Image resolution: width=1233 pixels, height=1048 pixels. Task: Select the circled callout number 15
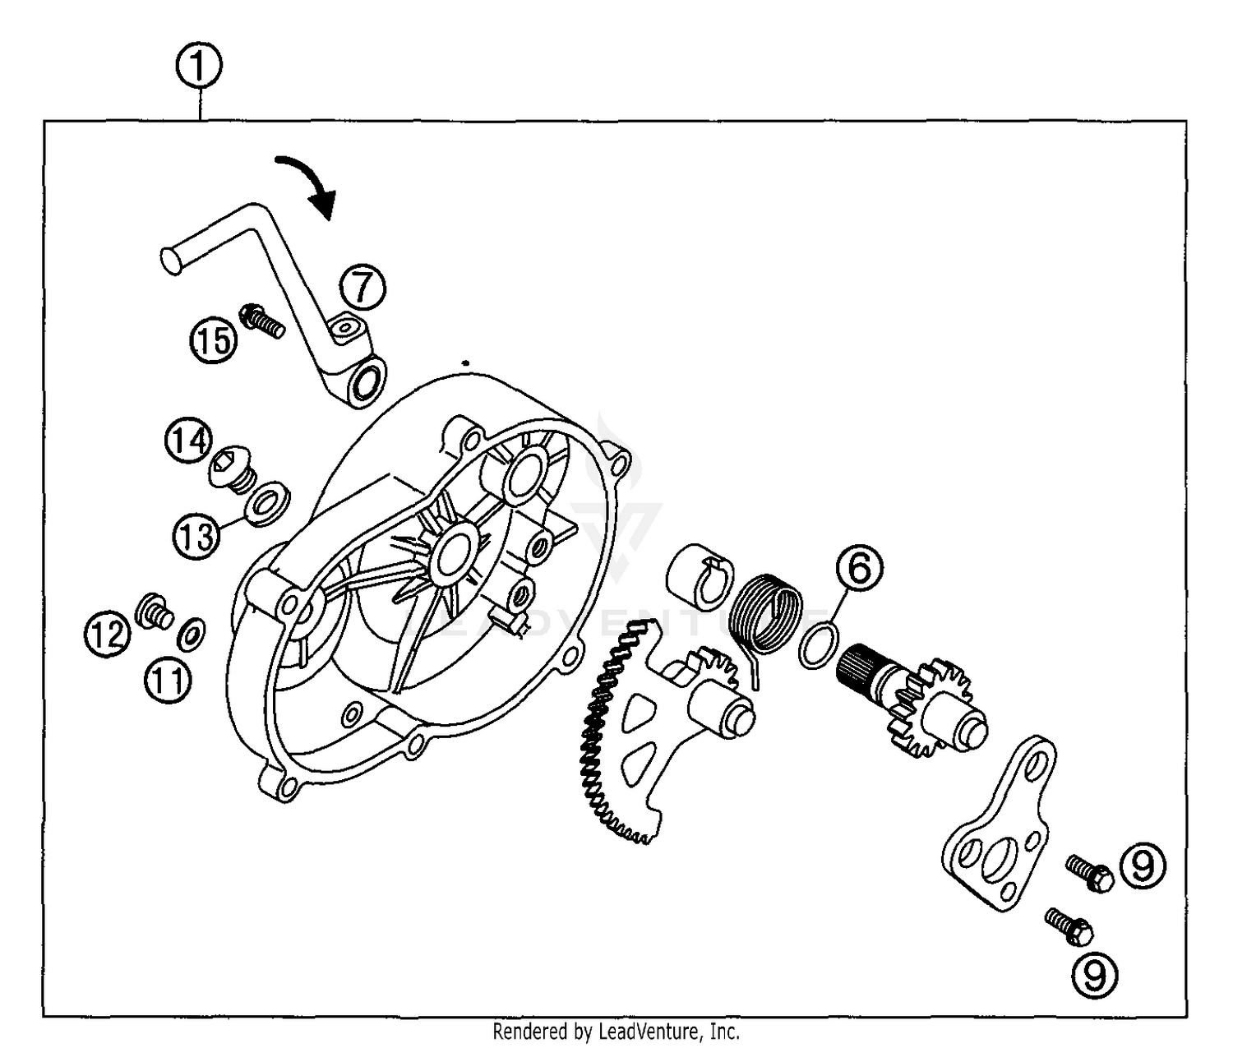[x=214, y=339]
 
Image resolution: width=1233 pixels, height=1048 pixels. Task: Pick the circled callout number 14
[x=188, y=441]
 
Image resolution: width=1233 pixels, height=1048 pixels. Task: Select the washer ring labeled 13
[x=267, y=505]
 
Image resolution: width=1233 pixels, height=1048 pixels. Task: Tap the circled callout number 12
[x=108, y=635]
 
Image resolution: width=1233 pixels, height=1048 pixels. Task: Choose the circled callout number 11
[x=169, y=681]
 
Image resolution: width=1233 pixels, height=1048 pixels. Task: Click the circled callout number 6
[x=859, y=569]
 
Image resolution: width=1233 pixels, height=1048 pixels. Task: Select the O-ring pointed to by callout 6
[x=817, y=644]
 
